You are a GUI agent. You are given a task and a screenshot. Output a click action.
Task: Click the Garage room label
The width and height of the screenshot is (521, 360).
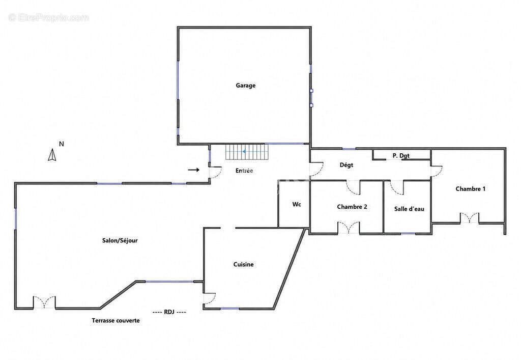[246, 86]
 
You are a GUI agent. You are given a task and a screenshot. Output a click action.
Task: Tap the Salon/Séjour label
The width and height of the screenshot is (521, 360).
[120, 240]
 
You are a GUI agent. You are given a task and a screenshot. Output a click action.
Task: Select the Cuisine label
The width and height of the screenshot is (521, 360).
[244, 264]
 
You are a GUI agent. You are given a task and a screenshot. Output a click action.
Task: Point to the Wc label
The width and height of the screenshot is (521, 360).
[297, 204]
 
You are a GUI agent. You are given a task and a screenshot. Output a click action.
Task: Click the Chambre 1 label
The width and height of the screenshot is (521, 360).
[471, 189]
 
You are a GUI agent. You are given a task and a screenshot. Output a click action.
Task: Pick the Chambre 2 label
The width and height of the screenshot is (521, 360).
[352, 207]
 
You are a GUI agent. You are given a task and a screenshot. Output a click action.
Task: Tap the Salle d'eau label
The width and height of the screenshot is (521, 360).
[409, 209]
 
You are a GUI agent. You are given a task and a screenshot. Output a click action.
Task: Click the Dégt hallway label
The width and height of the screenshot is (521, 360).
[346, 165]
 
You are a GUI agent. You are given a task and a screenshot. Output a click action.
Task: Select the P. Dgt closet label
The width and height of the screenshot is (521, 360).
[401, 156]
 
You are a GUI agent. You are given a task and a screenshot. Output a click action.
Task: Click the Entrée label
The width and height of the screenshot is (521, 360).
[244, 171]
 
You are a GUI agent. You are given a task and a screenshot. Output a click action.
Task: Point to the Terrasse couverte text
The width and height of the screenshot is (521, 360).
[115, 320]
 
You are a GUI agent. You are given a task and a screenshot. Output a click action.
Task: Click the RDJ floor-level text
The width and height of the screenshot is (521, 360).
[169, 312]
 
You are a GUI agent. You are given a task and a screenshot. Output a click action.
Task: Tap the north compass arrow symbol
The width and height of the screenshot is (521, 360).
[52, 155]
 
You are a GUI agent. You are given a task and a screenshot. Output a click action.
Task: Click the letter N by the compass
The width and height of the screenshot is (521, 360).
[62, 144]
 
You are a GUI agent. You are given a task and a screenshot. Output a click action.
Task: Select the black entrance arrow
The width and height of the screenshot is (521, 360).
[194, 170]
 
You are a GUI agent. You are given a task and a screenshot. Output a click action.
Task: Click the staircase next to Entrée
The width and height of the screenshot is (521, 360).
[247, 152]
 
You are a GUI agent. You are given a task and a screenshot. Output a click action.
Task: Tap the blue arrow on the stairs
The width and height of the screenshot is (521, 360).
[244, 152]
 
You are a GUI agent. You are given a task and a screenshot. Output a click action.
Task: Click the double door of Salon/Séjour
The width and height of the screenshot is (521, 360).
[44, 302]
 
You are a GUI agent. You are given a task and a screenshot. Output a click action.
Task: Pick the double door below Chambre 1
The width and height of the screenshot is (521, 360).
[470, 218]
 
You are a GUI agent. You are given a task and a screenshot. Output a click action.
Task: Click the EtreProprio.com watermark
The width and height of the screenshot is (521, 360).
[49, 18]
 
